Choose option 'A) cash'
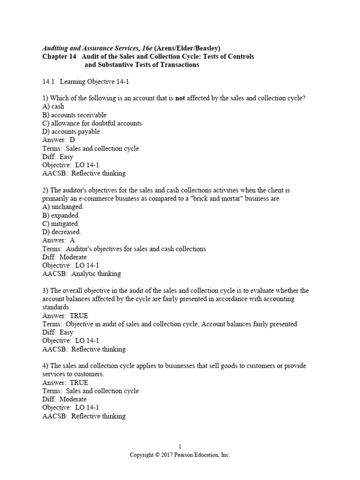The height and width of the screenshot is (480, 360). [x=53, y=107]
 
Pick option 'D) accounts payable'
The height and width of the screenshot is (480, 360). [x=71, y=132]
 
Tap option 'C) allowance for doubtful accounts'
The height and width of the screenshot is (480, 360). [x=92, y=123]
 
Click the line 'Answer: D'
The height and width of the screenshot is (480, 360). [x=59, y=140]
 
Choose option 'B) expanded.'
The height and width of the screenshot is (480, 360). [x=61, y=215]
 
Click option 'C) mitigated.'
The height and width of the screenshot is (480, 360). [x=61, y=224]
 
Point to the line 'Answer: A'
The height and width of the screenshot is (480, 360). [x=59, y=240]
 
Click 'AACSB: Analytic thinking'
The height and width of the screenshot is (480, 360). [x=82, y=274]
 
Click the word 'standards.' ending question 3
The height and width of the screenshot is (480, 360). [x=56, y=307]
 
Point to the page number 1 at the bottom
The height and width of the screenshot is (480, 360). [x=180, y=447]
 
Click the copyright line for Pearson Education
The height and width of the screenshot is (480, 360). [x=180, y=455]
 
